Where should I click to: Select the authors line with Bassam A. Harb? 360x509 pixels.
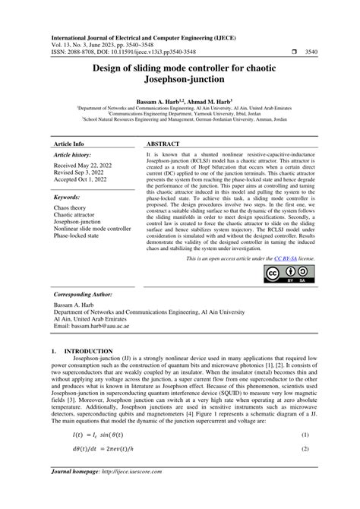tap(180, 101)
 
